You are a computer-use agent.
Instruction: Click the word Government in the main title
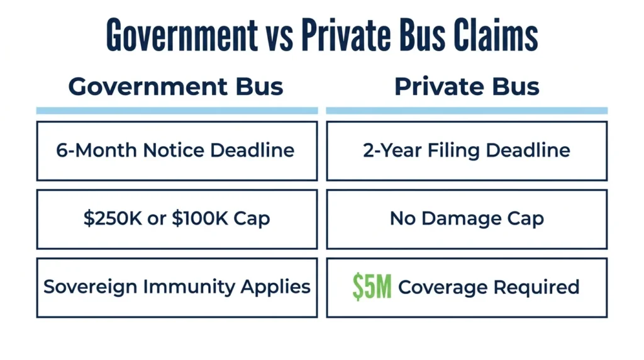coord(182,35)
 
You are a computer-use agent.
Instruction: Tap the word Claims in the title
coord(496,35)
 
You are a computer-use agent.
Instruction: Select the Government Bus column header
coord(176,87)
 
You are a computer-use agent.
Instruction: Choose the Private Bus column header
coord(467,87)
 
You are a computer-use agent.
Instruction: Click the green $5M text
coord(372,287)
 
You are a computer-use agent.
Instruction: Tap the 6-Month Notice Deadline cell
coord(177,151)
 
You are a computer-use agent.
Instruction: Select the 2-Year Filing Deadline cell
coord(467,151)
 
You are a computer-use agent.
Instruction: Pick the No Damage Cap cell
coord(467,219)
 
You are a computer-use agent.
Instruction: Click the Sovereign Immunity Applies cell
coord(177,288)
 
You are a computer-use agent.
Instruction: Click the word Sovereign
coord(91,287)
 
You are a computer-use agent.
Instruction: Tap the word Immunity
coord(189,287)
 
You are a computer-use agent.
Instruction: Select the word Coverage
coord(443,287)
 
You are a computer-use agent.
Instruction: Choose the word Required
coord(536,287)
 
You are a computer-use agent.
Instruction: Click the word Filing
coord(453,151)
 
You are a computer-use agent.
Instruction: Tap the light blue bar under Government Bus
coord(177,111)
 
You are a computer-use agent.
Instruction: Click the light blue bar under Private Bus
coord(467,111)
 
